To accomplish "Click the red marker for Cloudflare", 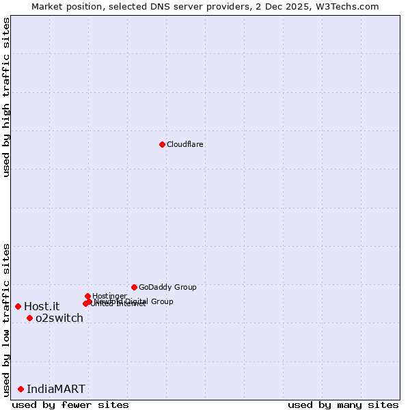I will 162,144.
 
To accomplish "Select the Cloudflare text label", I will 185,145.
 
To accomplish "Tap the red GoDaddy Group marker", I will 134,287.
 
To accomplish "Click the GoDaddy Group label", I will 167,288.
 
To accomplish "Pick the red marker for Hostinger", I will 88,296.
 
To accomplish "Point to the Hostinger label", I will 109,296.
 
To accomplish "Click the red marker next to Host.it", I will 18,306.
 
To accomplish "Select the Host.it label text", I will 42,307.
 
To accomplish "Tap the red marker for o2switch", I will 29,318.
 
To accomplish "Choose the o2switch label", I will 59,318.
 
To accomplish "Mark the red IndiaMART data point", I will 20,389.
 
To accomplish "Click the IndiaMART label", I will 56,389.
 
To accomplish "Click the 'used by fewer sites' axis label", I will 70,405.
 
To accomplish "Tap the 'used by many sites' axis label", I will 343,405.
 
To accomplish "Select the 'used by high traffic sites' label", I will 7,97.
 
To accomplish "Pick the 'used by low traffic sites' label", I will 7,320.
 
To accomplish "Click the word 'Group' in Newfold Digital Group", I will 162,301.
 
